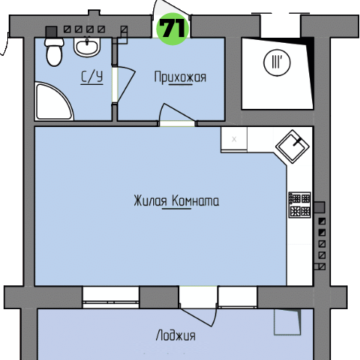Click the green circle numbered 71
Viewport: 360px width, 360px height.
pyautogui.click(x=173, y=28)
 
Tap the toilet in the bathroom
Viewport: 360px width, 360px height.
pyautogui.click(x=54, y=51)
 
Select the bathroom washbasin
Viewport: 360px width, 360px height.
pyautogui.click(x=87, y=46)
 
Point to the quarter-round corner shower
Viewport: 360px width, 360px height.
pyautogui.click(x=53, y=102)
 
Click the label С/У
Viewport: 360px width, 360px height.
pyautogui.click(x=92, y=78)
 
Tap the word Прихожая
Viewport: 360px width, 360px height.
pyautogui.click(x=180, y=78)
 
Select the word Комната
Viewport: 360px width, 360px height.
pyautogui.click(x=196, y=201)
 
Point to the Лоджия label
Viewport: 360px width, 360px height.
pyautogui.click(x=176, y=335)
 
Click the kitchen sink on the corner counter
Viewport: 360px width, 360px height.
pyautogui.click(x=293, y=146)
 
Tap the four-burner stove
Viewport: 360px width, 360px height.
pyautogui.click(x=300, y=205)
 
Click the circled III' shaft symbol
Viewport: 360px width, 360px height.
pyautogui.click(x=277, y=62)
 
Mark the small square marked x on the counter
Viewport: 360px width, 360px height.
pyautogui.click(x=234, y=139)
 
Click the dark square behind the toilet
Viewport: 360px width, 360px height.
pyautogui.click(x=51, y=32)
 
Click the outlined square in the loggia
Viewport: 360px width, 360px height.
pyautogui.click(x=287, y=322)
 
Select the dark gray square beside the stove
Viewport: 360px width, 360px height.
pyautogui.click(x=320, y=207)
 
